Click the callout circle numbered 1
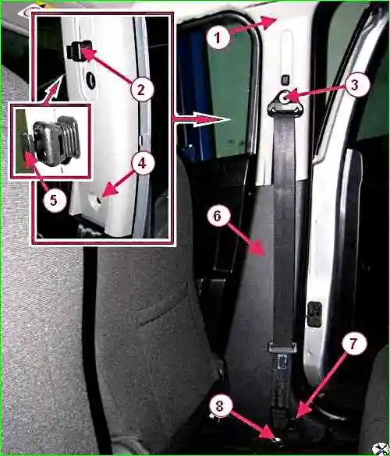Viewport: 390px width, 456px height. click(218, 37)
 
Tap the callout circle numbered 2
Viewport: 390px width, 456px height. click(141, 90)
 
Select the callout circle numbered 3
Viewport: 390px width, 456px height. click(354, 85)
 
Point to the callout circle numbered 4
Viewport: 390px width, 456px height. click(142, 163)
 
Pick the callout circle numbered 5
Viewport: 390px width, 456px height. click(54, 200)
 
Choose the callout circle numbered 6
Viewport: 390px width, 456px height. click(218, 215)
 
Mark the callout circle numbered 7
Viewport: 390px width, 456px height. click(353, 344)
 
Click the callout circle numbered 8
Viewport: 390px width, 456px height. click(220, 405)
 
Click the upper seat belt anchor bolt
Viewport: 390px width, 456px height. click(285, 97)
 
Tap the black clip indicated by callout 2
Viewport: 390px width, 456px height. click(78, 51)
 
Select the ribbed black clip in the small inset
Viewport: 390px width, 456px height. click(56, 141)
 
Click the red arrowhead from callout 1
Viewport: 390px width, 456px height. click(268, 23)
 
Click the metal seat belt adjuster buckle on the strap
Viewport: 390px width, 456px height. click(282, 347)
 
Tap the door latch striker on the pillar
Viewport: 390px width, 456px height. click(314, 314)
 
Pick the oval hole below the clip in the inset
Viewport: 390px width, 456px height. click(92, 80)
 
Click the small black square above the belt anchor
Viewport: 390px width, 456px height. click(285, 80)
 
